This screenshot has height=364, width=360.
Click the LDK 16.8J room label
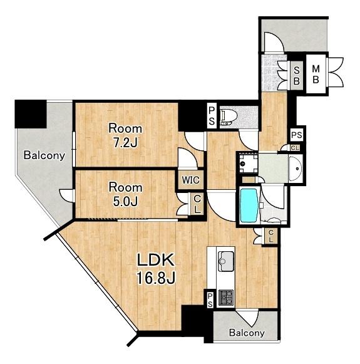coord(156,269)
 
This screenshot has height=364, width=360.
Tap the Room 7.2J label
coord(125,135)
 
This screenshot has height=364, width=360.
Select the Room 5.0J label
coord(125,195)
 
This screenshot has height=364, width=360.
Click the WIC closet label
coord(191,180)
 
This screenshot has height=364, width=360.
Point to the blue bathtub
coord(249,205)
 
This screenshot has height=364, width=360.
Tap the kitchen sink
coord(225,261)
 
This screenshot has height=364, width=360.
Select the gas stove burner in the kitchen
coord(226,298)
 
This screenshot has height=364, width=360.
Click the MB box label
coord(316,74)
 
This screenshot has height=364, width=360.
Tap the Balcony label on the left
coord(44,155)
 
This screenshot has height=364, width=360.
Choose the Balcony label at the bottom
coord(247,333)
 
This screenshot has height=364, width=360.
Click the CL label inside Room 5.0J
coord(197,204)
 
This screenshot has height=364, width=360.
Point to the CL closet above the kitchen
coord(270,236)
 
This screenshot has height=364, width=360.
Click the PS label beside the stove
coord(210,300)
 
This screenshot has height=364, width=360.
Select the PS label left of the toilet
coord(212,116)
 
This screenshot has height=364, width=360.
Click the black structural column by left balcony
coord(31,114)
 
